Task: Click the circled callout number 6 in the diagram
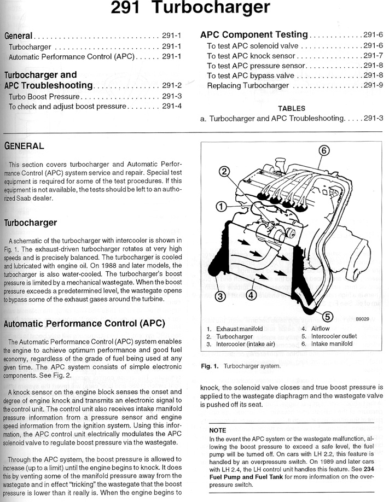[323, 150]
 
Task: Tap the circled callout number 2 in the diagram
[223, 172]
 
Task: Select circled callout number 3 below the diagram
[220, 296]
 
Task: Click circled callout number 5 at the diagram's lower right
[327, 317]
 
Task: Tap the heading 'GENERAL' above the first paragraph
[24, 147]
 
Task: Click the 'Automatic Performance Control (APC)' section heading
[84, 323]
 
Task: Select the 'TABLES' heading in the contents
[292, 108]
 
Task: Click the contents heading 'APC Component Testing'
[254, 34]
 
